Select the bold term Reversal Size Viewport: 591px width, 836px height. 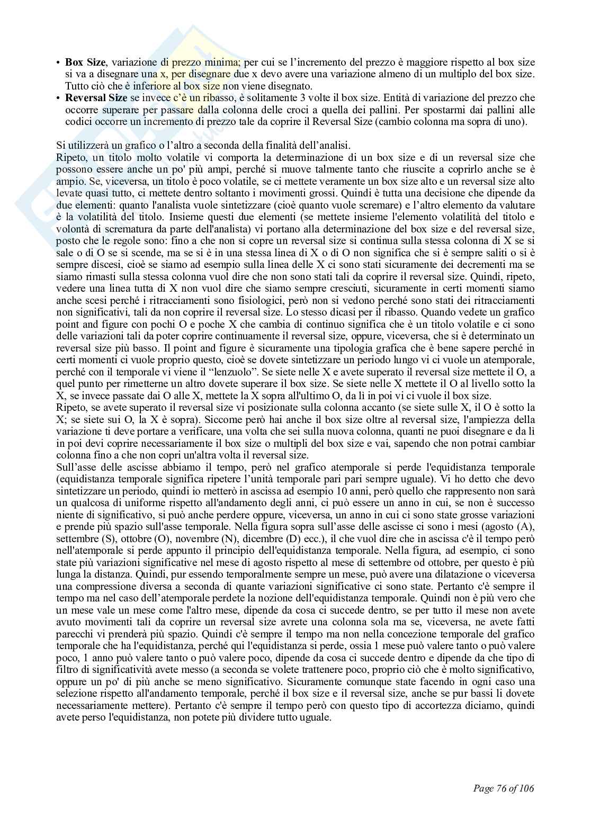(x=96, y=98)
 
